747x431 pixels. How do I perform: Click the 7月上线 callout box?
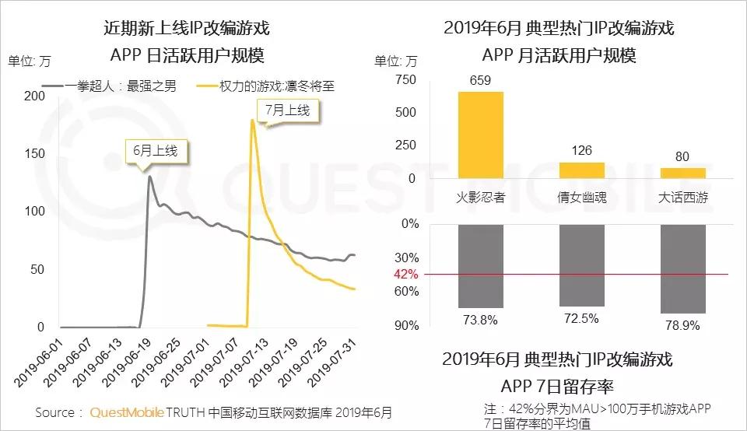[287, 110]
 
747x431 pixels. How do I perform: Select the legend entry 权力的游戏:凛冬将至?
[278, 86]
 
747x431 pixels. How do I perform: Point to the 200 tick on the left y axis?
[34, 96]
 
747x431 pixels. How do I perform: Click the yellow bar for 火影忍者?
[480, 135]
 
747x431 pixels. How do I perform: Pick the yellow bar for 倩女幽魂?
[581, 170]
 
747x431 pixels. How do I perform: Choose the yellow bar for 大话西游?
[682, 173]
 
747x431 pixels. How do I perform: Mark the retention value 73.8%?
[480, 319]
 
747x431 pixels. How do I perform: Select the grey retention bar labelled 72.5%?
[581, 265]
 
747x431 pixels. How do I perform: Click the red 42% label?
[405, 275]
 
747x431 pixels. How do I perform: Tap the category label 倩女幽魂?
[581, 198]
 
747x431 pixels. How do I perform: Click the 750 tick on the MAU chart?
[405, 80]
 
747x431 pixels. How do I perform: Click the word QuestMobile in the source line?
[125, 413]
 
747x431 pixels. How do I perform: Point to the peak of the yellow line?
[252, 120]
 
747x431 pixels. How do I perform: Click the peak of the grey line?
[149, 177]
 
